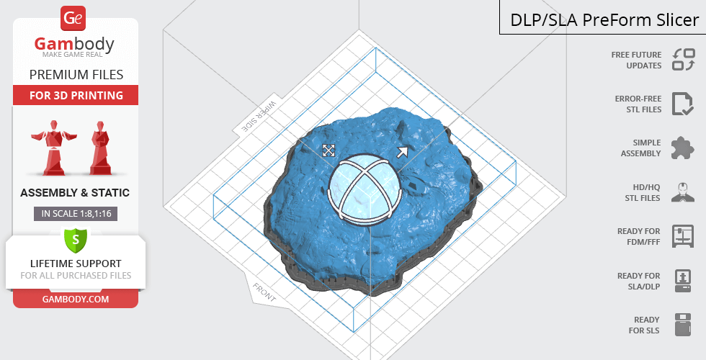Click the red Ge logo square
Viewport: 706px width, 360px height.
[x=73, y=19]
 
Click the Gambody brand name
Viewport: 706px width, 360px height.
[x=74, y=44]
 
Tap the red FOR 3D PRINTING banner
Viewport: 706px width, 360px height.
[x=76, y=95]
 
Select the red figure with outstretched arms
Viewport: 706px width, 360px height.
[x=54, y=147]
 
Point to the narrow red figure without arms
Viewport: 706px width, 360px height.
[x=100, y=148]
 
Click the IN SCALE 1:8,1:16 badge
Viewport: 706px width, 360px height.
[x=76, y=214]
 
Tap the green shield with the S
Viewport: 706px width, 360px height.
[x=76, y=240]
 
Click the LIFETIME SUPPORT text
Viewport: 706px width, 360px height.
[x=76, y=264]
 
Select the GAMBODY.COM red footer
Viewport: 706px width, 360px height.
[x=76, y=300]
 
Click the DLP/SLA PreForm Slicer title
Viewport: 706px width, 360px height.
[x=604, y=20]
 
